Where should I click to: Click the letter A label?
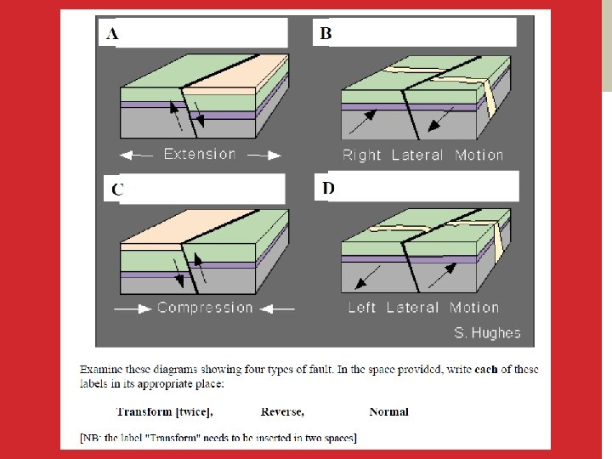[112, 33]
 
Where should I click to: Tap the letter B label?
[326, 33]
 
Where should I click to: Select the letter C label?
[117, 190]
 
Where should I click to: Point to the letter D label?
[328, 188]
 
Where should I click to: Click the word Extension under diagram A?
[200, 154]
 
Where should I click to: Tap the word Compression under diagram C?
[205, 308]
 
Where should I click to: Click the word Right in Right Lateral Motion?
[361, 156]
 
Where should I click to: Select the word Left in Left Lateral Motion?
[362, 308]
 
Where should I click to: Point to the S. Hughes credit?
[488, 333]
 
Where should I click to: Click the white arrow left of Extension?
[136, 156]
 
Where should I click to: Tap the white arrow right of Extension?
[264, 156]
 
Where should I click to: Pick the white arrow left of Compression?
[133, 309]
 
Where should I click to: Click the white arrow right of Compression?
[277, 309]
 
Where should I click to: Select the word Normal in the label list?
[388, 411]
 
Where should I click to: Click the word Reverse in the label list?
[282, 411]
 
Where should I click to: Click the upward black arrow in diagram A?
[175, 116]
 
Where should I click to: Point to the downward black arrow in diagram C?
[178, 273]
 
